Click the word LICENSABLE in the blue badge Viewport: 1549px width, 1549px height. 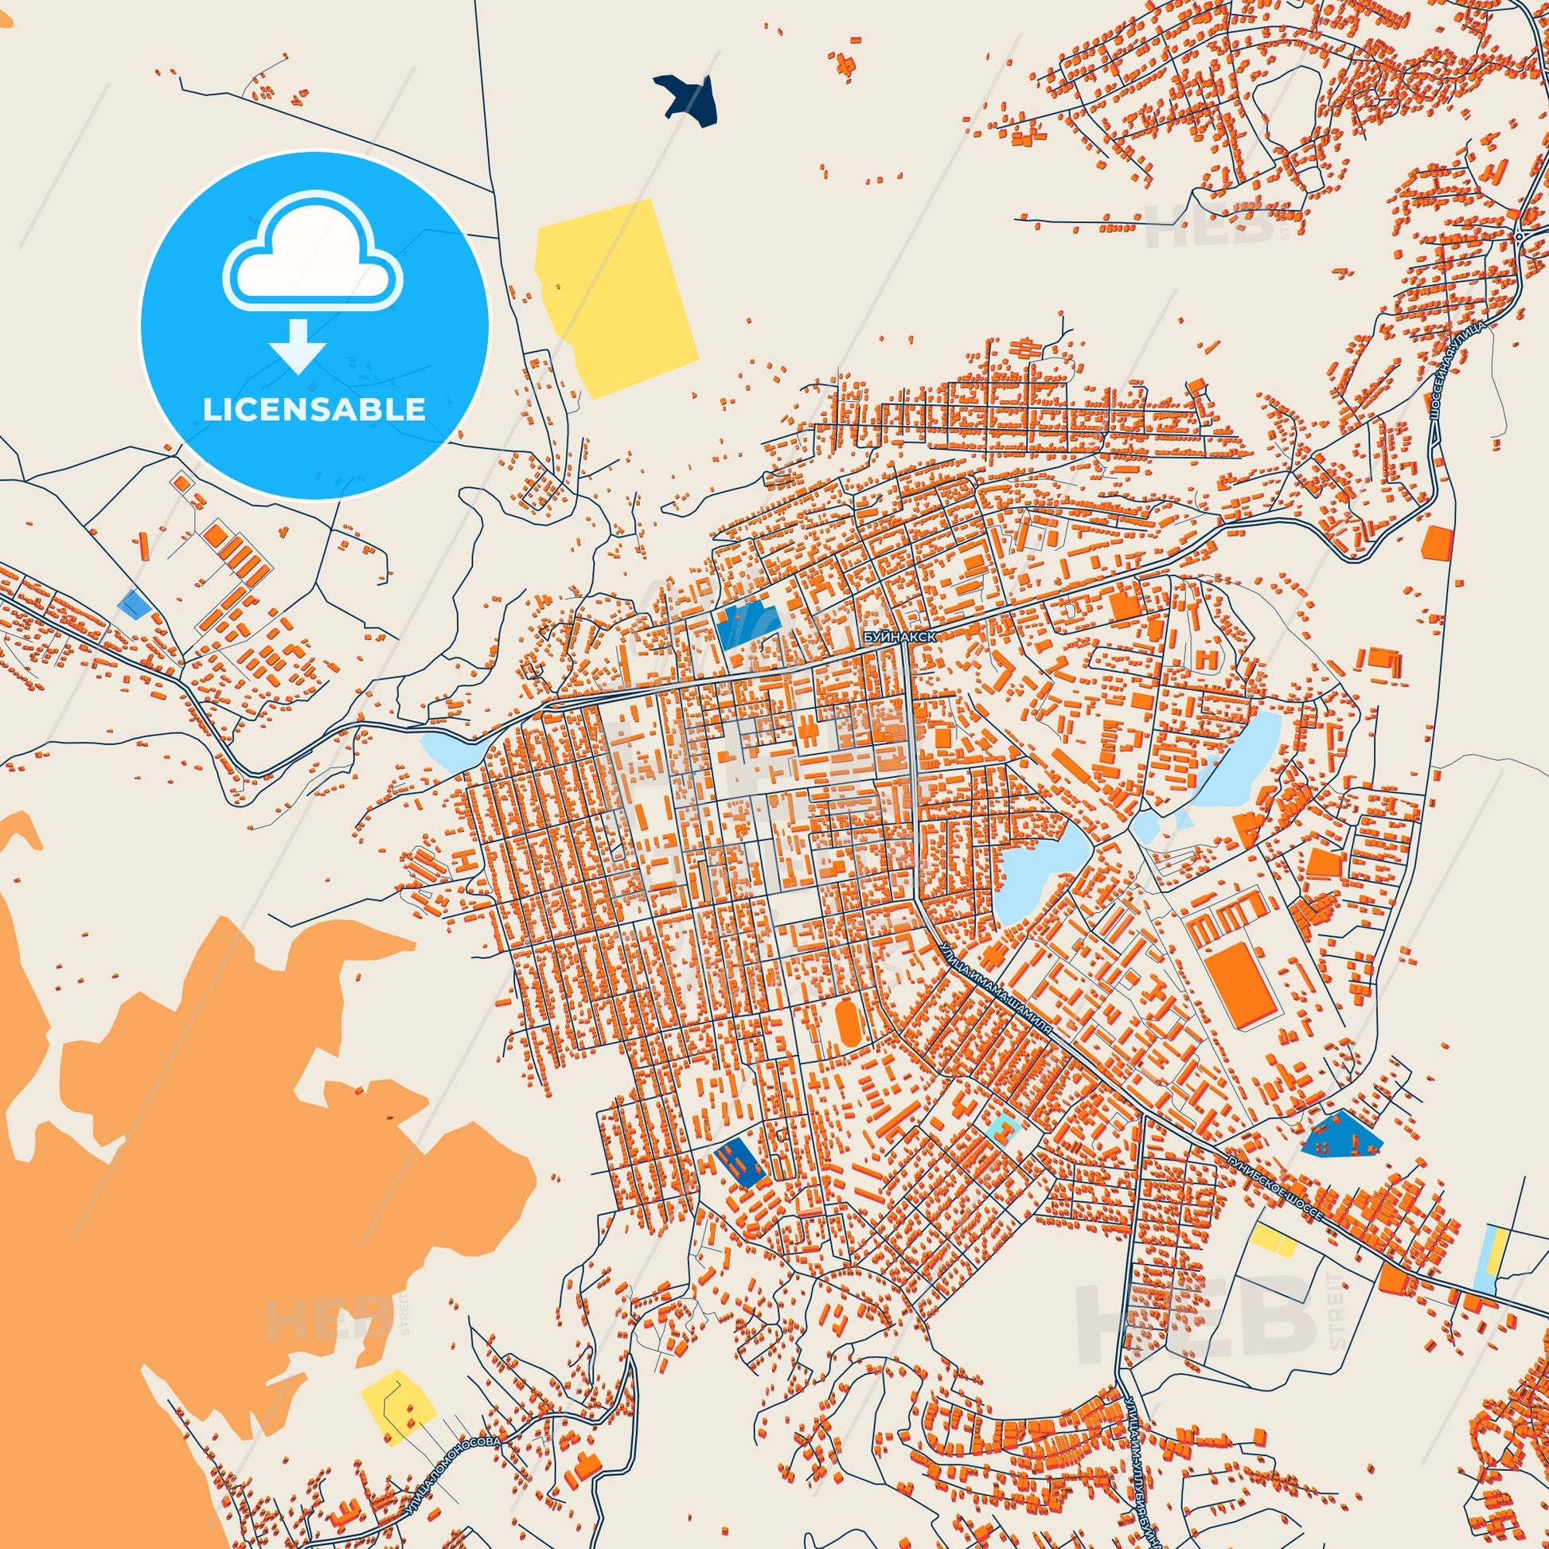314,410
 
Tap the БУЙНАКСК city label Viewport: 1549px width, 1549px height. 899,635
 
